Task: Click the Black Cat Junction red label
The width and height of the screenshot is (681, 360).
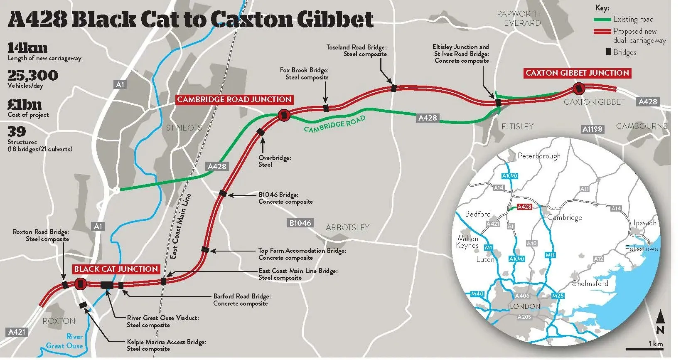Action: pyautogui.click(x=116, y=269)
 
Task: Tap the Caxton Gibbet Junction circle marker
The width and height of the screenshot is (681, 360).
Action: pyautogui.click(x=578, y=89)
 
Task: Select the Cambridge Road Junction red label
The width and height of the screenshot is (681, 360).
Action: pyautogui.click(x=234, y=100)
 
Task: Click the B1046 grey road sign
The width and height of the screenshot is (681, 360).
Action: pyautogui.click(x=300, y=223)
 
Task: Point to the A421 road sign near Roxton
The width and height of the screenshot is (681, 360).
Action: pyautogui.click(x=17, y=332)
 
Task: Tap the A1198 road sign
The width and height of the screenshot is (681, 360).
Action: pyautogui.click(x=592, y=129)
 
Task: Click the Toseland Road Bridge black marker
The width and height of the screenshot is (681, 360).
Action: pyautogui.click(x=394, y=88)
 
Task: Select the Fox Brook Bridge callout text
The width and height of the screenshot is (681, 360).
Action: pyautogui.click(x=304, y=74)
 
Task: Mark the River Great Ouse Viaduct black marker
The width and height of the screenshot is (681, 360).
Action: pyautogui.click(x=107, y=285)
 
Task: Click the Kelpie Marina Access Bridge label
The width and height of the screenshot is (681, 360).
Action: pyautogui.click(x=167, y=345)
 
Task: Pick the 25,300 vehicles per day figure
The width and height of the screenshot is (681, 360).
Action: pyautogui.click(x=33, y=75)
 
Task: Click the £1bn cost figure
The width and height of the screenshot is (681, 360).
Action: pyautogui.click(x=25, y=105)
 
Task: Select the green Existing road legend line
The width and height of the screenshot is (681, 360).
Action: pyautogui.click(x=602, y=20)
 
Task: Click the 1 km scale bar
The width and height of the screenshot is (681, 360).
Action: pyautogui.click(x=644, y=349)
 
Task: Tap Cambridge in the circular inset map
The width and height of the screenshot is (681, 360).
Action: pyautogui.click(x=565, y=217)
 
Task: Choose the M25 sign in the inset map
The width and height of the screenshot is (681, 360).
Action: pyautogui.click(x=558, y=296)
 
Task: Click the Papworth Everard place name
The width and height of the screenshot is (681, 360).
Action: pyautogui.click(x=519, y=18)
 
